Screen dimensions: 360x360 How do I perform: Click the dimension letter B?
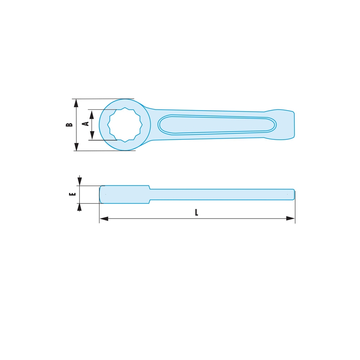pos(69,125)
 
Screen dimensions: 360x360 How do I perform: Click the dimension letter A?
pos(86,123)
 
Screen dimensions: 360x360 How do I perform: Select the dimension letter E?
pos(73,194)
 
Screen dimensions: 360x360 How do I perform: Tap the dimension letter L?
pos(197,212)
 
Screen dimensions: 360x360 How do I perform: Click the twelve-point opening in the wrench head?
pos(125,125)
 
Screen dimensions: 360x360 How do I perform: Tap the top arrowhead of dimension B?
pos(76,103)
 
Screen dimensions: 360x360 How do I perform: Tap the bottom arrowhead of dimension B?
pos(76,147)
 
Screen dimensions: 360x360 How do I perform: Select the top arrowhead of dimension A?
pos(92,114)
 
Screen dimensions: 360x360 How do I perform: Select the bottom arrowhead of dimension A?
pos(92,135)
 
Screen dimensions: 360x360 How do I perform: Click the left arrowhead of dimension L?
pos(104,219)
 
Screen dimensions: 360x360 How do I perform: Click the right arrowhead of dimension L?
pos(291,219)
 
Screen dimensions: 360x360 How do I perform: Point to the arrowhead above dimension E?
pos(80,181)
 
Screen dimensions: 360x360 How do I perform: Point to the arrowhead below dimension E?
pos(80,207)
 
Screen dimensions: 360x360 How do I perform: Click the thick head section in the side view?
pos(124,194)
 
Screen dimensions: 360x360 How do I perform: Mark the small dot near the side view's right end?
pos(287,194)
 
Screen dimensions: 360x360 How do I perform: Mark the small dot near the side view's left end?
pos(105,194)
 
